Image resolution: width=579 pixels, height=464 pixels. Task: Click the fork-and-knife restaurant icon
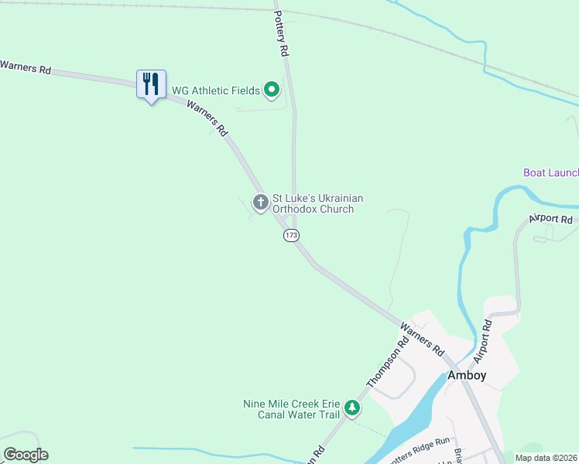[x=151, y=84]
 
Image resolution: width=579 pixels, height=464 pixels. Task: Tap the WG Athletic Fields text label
[x=215, y=90]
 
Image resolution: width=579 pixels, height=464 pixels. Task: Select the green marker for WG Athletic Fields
[x=272, y=90]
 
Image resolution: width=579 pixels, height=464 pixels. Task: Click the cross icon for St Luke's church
[x=261, y=203]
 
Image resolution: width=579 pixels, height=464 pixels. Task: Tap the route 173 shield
[x=291, y=235]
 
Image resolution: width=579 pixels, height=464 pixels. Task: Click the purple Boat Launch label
[x=550, y=172]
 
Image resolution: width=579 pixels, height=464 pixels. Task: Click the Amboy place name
[x=467, y=375]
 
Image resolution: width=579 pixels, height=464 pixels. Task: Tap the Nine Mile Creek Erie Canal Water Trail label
[x=291, y=409]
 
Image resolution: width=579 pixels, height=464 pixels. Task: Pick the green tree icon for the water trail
[x=352, y=408]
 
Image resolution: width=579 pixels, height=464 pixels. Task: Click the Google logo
[x=26, y=455]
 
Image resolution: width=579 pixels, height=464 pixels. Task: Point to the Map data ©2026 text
[x=546, y=458]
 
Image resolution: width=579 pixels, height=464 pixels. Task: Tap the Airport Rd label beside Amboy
[x=483, y=342]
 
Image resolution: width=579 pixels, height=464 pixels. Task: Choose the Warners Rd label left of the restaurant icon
[x=26, y=68]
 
